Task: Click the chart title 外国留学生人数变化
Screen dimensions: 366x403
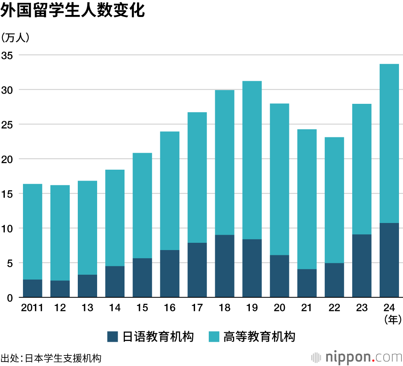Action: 73,11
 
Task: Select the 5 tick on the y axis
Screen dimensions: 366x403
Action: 10,263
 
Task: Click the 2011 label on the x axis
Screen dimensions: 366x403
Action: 32,308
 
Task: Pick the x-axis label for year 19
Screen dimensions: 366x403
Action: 252,308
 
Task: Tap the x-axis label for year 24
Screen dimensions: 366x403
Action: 389,308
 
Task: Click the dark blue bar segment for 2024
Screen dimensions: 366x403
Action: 389,260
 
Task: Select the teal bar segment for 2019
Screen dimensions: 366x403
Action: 252,160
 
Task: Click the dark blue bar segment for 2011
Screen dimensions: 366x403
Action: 32,288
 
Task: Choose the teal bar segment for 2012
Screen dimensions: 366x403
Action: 60,233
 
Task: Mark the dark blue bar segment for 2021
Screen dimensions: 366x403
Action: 307,283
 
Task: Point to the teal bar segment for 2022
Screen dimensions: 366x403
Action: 334,200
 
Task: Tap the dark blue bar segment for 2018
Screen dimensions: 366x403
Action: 224,266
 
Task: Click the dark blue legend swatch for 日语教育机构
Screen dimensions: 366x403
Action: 113,337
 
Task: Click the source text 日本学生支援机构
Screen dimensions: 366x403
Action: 63,358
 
